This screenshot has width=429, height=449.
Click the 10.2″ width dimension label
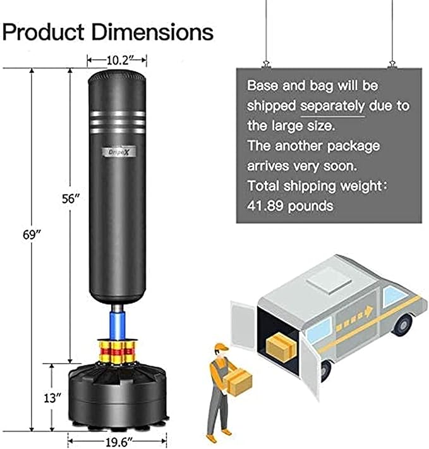coord(118,60)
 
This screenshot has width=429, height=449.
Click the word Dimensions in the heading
coord(148,31)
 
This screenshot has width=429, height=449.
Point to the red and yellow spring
coord(118,347)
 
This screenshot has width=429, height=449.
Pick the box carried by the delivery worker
coord(239,382)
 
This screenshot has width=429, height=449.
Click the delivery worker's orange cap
coord(220,347)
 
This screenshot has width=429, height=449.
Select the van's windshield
coord(395,295)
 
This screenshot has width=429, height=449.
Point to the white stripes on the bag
coord(118,120)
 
